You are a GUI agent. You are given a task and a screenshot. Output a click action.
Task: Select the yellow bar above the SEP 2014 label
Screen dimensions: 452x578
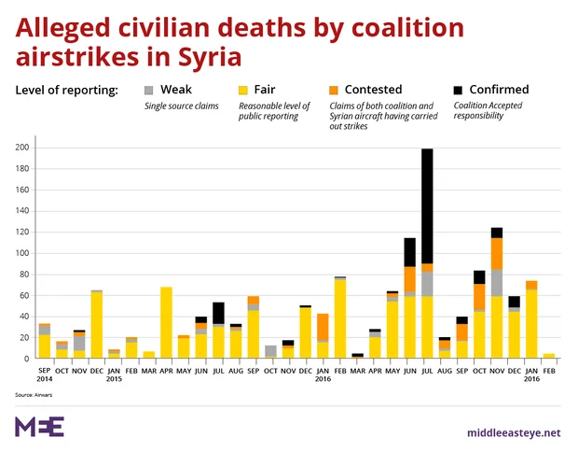point(44,346)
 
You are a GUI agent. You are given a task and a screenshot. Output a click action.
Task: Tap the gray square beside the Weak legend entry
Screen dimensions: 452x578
point(149,91)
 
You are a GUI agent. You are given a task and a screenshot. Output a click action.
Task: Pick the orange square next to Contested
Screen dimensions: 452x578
point(335,91)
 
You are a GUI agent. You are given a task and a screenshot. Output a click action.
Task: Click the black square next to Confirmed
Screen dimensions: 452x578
point(458,91)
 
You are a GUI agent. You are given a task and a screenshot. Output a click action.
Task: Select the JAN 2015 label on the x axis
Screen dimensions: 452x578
point(113,373)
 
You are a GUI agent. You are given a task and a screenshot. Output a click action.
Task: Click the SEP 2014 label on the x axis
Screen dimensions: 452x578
point(44,373)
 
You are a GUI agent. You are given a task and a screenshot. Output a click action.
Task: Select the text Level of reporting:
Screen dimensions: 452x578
point(67,91)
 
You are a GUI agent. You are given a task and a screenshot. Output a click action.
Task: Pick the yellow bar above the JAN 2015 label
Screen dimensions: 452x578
point(113,356)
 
